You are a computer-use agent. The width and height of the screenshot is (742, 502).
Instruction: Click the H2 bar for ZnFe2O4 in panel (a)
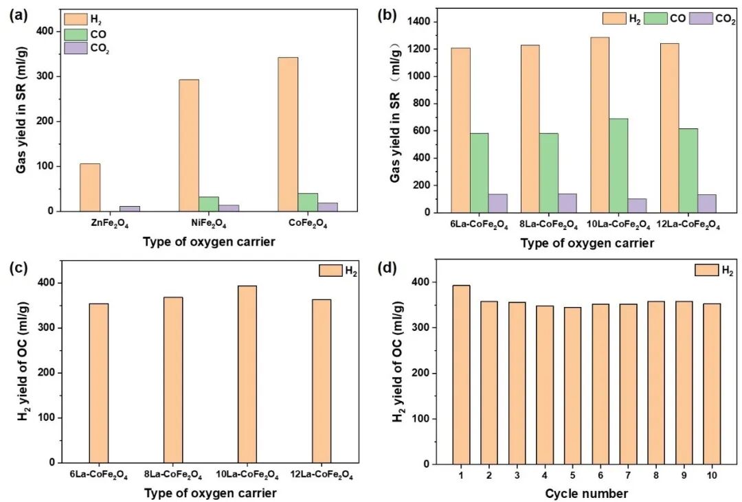(90, 187)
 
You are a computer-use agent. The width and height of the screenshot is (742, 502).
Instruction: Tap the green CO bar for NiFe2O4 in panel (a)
(209, 204)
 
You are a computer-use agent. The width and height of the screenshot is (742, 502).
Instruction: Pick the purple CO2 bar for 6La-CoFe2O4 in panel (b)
(497, 203)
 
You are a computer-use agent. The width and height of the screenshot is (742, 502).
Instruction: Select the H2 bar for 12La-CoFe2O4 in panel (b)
(669, 128)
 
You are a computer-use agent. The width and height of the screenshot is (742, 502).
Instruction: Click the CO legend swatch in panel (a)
(74, 33)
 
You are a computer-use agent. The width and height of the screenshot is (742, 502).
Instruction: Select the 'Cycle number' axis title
(586, 493)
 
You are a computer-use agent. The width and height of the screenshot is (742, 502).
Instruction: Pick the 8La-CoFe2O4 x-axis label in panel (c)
(172, 475)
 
